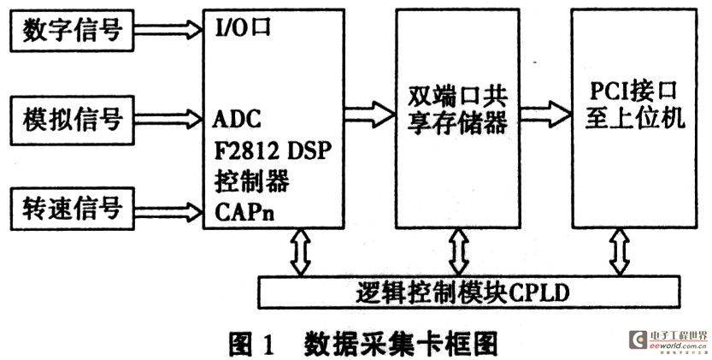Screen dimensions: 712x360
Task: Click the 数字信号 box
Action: click(72, 31)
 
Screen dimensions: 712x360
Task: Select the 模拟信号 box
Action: click(72, 120)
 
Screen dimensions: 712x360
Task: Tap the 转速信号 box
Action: click(72, 208)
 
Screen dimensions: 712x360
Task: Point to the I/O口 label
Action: click(243, 27)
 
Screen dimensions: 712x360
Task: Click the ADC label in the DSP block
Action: click(237, 120)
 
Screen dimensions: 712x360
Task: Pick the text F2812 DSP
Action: click(271, 150)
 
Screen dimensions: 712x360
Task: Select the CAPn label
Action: click(244, 212)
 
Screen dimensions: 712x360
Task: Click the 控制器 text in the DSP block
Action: click(251, 181)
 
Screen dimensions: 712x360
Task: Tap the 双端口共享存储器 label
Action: click(457, 109)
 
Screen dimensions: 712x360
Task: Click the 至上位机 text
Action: click(635, 119)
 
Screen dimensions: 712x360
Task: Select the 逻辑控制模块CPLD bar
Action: click(469, 292)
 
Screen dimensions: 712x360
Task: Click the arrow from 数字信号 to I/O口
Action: click(168, 30)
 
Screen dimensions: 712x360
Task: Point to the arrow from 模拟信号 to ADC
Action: click(168, 119)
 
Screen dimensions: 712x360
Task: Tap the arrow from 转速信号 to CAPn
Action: click(168, 211)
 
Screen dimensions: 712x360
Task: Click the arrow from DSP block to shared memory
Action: click(369, 114)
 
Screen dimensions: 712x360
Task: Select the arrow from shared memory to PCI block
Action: click(545, 114)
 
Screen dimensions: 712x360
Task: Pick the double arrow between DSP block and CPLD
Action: click(301, 251)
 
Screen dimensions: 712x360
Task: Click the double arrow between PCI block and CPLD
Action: click(621, 251)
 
